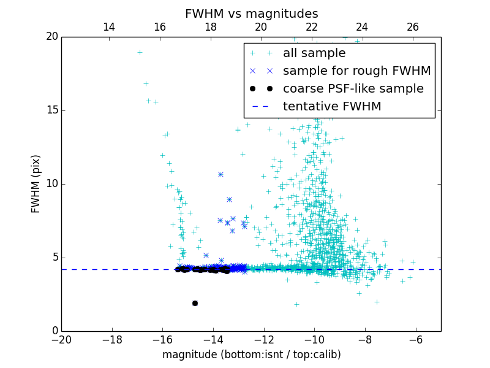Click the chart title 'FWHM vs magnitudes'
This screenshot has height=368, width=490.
point(251,13)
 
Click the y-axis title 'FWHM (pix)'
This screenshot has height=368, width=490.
point(36,184)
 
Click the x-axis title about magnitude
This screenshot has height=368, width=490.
point(251,355)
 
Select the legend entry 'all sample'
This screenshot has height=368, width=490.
point(314,53)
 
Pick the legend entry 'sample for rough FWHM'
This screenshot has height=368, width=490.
point(356,71)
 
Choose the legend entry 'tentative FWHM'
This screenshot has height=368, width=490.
point(331,106)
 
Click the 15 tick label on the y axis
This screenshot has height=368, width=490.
point(51,110)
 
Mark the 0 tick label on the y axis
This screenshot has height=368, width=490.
point(54,331)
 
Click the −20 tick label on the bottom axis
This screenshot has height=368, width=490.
point(61,339)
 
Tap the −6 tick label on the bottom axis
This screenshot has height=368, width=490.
point(415,339)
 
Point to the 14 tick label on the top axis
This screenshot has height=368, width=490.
point(109,27)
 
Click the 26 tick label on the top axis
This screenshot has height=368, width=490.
point(413,27)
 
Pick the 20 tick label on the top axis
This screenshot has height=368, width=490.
point(261,27)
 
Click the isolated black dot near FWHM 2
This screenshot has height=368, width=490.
point(195,303)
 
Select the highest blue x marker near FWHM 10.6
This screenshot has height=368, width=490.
point(221,174)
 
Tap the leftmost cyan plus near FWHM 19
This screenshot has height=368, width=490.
point(140,52)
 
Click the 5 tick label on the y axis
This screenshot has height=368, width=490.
point(54,258)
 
